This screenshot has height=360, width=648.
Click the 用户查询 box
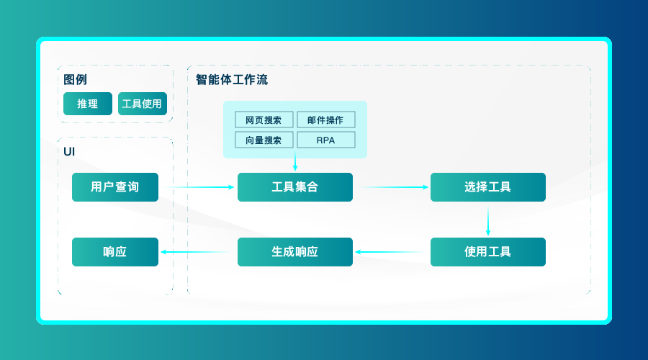click(x=115, y=187)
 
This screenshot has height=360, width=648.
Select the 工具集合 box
click(x=295, y=187)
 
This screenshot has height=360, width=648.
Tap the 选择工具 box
click(x=488, y=187)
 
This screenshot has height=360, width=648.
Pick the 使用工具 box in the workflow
click(x=488, y=252)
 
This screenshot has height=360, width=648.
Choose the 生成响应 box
click(x=295, y=252)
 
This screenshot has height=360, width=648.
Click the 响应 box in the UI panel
click(x=115, y=252)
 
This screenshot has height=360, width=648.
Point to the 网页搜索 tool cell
click(x=264, y=120)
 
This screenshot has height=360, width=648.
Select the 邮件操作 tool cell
click(x=325, y=120)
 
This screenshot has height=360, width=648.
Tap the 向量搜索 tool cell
click(x=264, y=140)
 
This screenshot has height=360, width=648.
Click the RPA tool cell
click(x=325, y=140)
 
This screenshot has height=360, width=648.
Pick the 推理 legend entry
click(x=88, y=104)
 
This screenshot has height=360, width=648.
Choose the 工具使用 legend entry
click(x=143, y=104)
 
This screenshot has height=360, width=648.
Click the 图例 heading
click(x=76, y=80)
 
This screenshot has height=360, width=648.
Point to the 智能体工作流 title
click(x=232, y=80)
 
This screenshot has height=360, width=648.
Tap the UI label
click(x=69, y=151)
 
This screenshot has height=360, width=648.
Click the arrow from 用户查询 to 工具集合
click(x=199, y=187)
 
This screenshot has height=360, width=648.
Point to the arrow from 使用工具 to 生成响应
click(x=392, y=252)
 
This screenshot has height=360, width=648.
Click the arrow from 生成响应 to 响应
click(x=199, y=252)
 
